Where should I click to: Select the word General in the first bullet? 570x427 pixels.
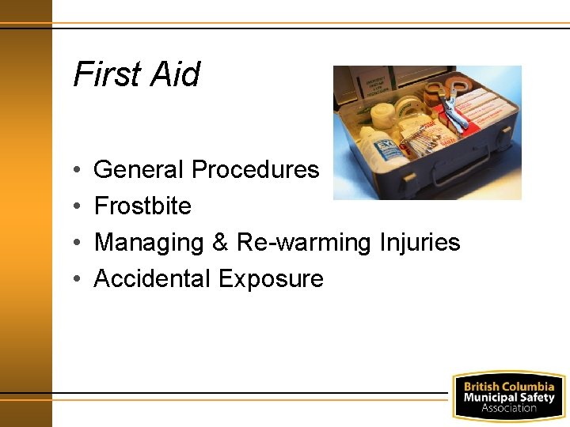tap(139, 170)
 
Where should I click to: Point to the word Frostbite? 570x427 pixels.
tap(142, 206)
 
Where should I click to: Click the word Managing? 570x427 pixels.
tap(150, 243)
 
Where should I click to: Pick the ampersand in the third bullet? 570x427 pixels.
tap(220, 243)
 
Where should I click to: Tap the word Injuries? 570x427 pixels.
tap(419, 243)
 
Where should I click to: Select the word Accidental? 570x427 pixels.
tap(153, 279)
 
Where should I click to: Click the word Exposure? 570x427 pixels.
tap(271, 279)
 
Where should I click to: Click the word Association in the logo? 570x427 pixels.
tap(509, 408)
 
